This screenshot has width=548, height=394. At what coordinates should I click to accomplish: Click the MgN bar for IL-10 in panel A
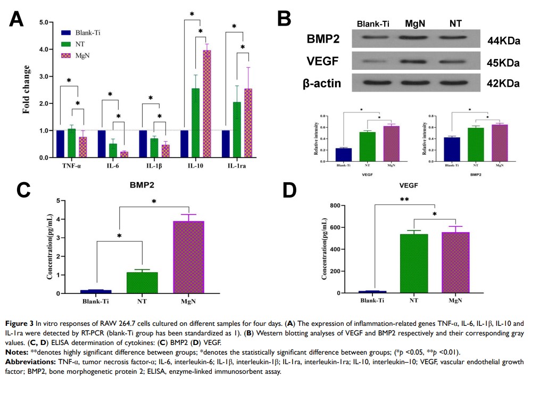[x=203, y=104]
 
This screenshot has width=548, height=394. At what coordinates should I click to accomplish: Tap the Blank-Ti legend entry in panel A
[x=88, y=32]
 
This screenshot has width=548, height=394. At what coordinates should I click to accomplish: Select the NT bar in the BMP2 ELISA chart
[x=142, y=282]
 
